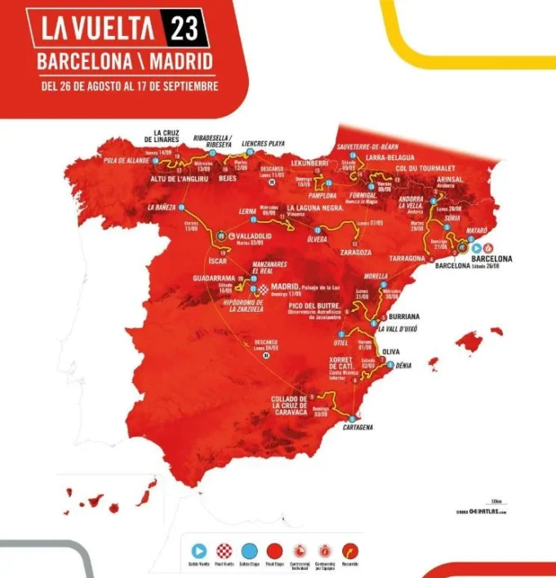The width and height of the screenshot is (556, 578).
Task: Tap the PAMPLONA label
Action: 323,196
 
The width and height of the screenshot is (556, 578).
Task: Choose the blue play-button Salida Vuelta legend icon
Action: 198,550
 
